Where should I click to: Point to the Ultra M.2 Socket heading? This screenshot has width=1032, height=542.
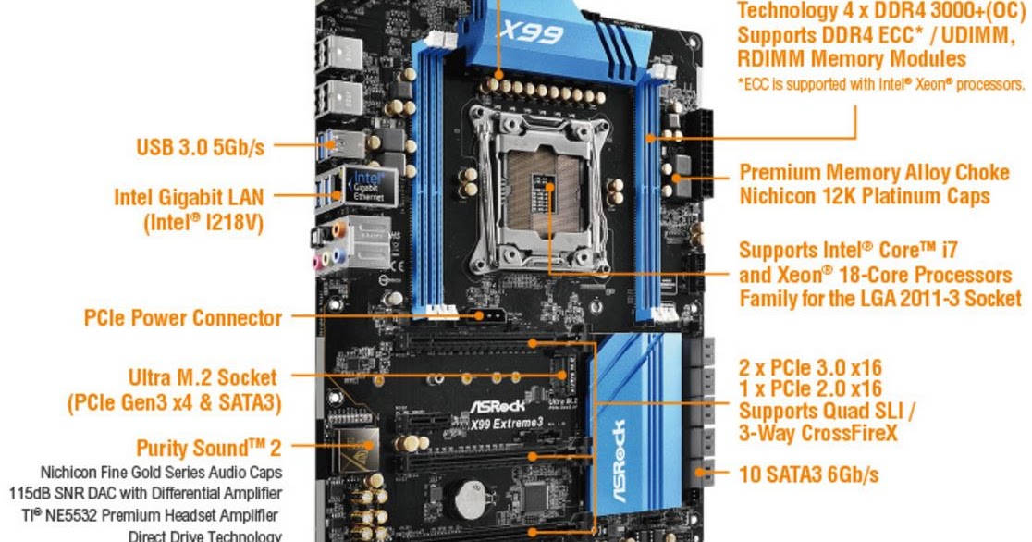click(x=203, y=377)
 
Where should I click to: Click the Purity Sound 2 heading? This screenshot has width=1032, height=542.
click(x=208, y=449)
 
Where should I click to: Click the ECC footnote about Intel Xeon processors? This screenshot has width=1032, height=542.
click(x=880, y=84)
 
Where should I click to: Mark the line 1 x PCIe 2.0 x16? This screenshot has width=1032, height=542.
click(x=810, y=388)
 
